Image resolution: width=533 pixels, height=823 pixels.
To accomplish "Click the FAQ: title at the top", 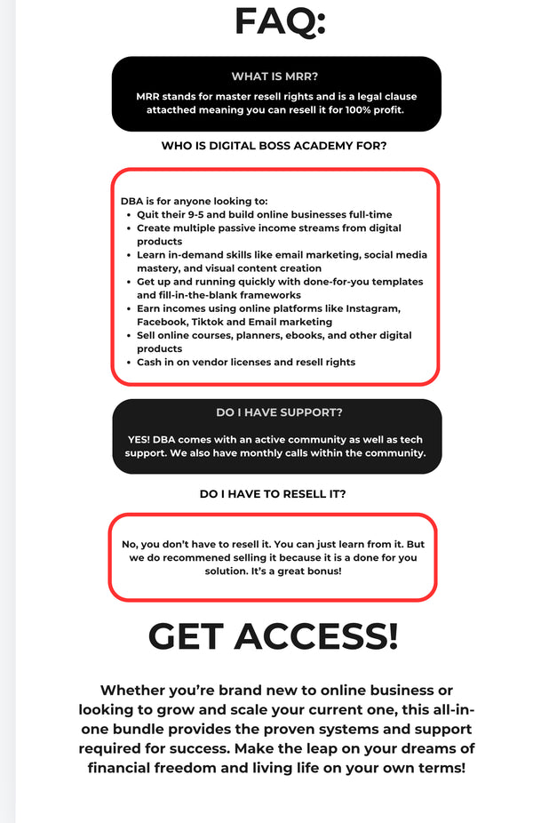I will click(x=280, y=21).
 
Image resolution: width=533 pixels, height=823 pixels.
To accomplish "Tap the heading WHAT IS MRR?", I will click(x=275, y=76).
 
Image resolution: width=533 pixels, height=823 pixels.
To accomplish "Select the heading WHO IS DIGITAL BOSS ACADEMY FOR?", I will click(x=274, y=145).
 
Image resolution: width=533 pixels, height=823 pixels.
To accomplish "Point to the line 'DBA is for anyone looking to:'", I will click(x=195, y=201).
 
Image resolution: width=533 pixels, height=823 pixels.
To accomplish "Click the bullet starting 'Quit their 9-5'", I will click(x=264, y=214).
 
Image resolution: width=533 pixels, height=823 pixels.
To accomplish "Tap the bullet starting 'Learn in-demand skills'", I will click(x=282, y=261).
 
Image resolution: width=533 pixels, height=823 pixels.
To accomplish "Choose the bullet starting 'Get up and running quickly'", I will click(x=280, y=288).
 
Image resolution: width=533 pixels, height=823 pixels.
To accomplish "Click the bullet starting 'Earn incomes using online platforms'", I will click(x=268, y=315).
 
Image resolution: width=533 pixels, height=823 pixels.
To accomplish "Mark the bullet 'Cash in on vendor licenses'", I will click(x=245, y=363).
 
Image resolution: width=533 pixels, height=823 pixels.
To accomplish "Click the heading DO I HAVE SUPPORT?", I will click(x=279, y=412).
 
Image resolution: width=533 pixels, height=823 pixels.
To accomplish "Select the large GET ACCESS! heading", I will click(x=273, y=636).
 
